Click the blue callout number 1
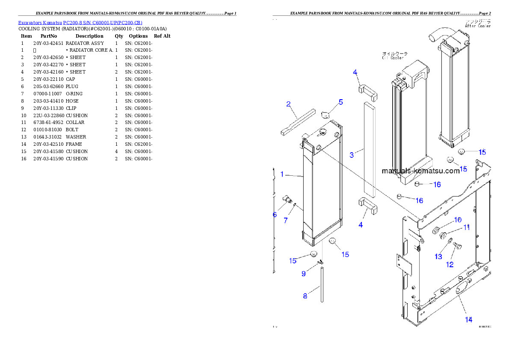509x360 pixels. (x=282, y=174)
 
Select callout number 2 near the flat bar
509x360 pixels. (x=289, y=104)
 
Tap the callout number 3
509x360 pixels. (x=352, y=155)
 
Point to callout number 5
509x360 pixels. (x=341, y=102)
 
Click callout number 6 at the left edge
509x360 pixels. (x=275, y=215)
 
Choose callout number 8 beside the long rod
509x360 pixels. (x=305, y=296)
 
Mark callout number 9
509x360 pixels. (x=304, y=274)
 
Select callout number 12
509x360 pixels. (x=450, y=265)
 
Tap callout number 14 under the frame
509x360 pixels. (x=469, y=319)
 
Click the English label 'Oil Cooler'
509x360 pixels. (x=393, y=58)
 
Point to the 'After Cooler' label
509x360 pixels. (x=478, y=26)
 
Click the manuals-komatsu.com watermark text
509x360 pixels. (x=420, y=171)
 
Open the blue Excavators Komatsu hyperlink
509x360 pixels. (x=80, y=23)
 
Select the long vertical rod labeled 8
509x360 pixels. (x=322, y=284)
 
